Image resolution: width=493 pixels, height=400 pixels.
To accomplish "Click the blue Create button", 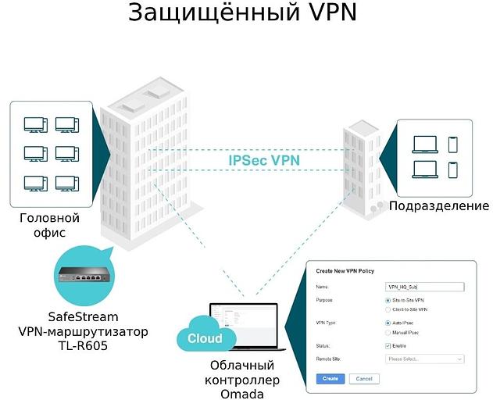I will pos(330,378).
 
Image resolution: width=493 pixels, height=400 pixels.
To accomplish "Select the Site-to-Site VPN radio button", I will pos(389,300).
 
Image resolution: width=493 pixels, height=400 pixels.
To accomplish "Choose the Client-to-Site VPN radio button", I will pos(389,309).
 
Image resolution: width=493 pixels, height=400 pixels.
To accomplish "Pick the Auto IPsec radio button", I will pos(389,323).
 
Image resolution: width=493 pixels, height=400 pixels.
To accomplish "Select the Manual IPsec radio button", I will pos(389,333).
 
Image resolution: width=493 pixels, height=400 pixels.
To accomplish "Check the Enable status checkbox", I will pos(389,345).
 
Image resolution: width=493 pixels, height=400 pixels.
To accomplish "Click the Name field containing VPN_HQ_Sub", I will pos(425,287).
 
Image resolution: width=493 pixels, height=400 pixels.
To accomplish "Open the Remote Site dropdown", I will pos(425,359).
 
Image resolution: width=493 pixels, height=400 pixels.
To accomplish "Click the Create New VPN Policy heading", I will pos(345,270).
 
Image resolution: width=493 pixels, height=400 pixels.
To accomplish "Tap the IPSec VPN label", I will pos(264,160).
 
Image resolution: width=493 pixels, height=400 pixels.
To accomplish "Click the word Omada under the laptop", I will pos(241,395).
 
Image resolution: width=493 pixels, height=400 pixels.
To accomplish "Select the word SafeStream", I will pos(84,317).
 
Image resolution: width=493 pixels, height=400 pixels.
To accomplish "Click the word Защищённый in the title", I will pos(207,14).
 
